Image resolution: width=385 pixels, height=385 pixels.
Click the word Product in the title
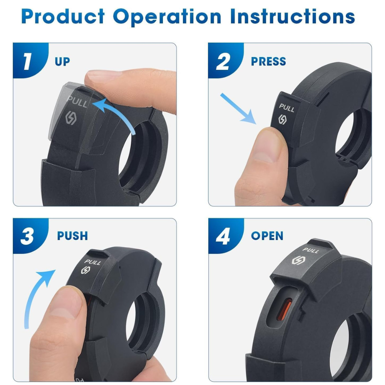tap(63, 17)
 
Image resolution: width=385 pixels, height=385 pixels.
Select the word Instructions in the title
tap(293, 17)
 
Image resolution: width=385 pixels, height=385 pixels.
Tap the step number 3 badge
tap(30, 236)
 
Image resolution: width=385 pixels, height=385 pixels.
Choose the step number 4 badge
tap(225, 236)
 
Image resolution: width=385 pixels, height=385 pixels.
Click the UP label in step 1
tap(62, 62)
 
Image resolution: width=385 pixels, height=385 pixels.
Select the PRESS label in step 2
tap(268, 61)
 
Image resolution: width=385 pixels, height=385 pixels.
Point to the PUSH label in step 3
tap(72, 236)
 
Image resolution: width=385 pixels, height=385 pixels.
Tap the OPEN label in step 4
tap(267, 236)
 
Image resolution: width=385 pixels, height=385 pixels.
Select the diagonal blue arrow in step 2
tap(238, 109)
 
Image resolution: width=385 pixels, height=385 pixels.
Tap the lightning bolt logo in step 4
tap(298, 261)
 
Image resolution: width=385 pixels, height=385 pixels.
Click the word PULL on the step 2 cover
tap(286, 107)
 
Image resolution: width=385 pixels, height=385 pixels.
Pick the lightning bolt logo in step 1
tap(71, 118)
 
